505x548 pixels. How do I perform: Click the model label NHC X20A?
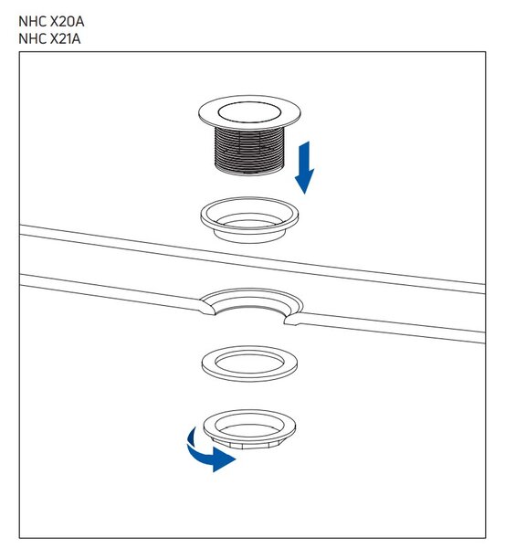click(x=51, y=22)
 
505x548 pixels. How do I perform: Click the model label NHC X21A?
click(x=49, y=38)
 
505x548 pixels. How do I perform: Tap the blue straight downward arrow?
click(x=305, y=167)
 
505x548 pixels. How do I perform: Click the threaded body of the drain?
click(x=249, y=151)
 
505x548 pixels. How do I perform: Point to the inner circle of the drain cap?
click(x=249, y=111)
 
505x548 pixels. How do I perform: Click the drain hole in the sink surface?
click(x=249, y=308)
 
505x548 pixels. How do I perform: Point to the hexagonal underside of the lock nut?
click(x=249, y=444)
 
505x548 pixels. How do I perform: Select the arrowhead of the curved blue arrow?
click(x=224, y=458)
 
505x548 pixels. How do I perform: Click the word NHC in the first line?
click(x=33, y=22)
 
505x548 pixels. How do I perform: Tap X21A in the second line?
click(x=66, y=38)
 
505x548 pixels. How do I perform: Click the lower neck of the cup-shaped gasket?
click(x=249, y=236)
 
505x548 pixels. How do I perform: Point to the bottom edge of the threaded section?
click(x=249, y=172)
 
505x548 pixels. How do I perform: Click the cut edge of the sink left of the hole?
click(x=207, y=307)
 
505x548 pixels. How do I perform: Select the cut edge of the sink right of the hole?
click(x=293, y=319)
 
